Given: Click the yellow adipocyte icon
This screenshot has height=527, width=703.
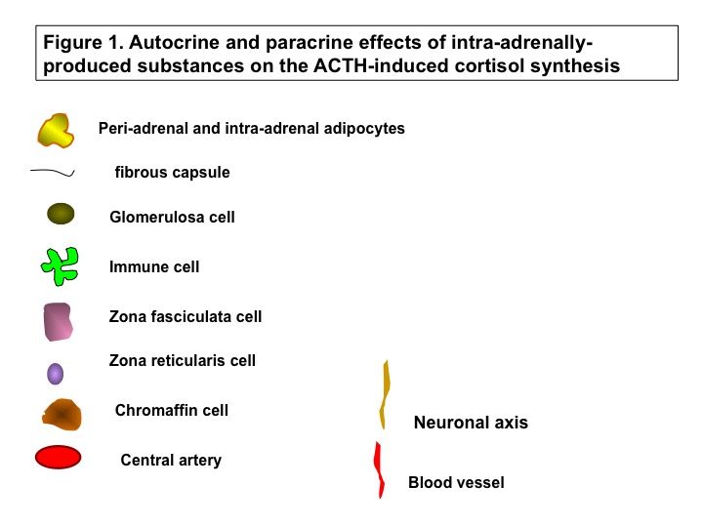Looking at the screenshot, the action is (x=55, y=131).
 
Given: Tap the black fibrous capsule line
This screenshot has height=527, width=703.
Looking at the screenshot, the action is (x=53, y=172).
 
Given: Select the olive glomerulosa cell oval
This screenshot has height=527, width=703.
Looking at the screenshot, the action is (x=61, y=214).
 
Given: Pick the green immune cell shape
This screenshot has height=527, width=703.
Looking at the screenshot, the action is (x=61, y=266).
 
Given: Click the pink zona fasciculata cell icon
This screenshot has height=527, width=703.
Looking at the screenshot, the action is (x=58, y=322).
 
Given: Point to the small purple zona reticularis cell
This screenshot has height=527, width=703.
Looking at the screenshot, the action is (x=55, y=374).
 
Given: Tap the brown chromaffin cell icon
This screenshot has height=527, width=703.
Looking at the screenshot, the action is (x=62, y=415).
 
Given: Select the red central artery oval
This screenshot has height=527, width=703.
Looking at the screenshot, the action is (x=58, y=457).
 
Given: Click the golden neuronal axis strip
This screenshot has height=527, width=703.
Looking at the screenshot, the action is (x=385, y=394).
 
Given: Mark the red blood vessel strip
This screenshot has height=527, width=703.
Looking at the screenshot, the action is (x=379, y=469).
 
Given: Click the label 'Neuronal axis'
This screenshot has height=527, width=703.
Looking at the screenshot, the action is (x=471, y=423).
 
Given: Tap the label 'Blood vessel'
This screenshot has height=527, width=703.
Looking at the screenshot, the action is (x=456, y=482).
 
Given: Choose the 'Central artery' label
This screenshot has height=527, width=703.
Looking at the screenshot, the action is (x=171, y=460).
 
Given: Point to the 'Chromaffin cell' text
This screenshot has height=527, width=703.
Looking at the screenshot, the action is (x=172, y=410).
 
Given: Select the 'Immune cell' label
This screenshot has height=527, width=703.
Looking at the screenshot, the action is (x=154, y=266).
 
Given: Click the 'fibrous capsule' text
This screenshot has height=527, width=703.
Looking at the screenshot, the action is (x=172, y=172).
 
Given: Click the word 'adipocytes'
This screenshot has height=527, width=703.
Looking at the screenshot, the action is (x=364, y=129).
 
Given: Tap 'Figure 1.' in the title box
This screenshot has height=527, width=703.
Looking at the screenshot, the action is (x=83, y=43).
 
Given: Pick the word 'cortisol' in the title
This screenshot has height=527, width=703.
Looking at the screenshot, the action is (x=490, y=65).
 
